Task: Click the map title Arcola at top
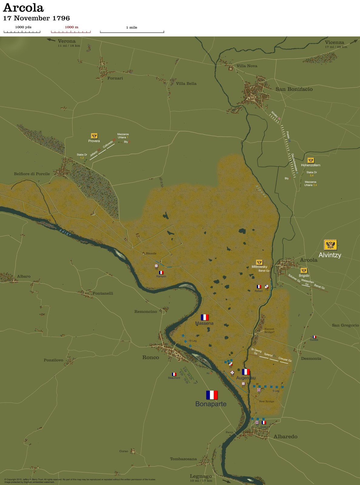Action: (23, 8)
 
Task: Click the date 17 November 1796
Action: (36, 18)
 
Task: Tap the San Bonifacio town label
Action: (294, 89)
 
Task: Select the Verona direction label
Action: (67, 41)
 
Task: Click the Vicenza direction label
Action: (334, 42)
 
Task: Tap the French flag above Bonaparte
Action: (212, 395)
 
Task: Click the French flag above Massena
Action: (205, 317)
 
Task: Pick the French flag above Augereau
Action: (246, 372)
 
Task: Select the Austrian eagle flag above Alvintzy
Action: (330, 245)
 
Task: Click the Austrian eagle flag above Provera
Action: (94, 136)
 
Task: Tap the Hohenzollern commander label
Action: (311, 165)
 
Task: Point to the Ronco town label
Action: (151, 357)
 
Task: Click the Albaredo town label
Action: (285, 436)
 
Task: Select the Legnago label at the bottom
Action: (201, 476)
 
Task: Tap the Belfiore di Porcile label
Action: (32, 174)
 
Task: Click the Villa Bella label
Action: (186, 84)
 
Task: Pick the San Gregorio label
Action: (345, 325)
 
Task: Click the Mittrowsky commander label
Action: (259, 267)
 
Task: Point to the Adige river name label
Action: (65, 232)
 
